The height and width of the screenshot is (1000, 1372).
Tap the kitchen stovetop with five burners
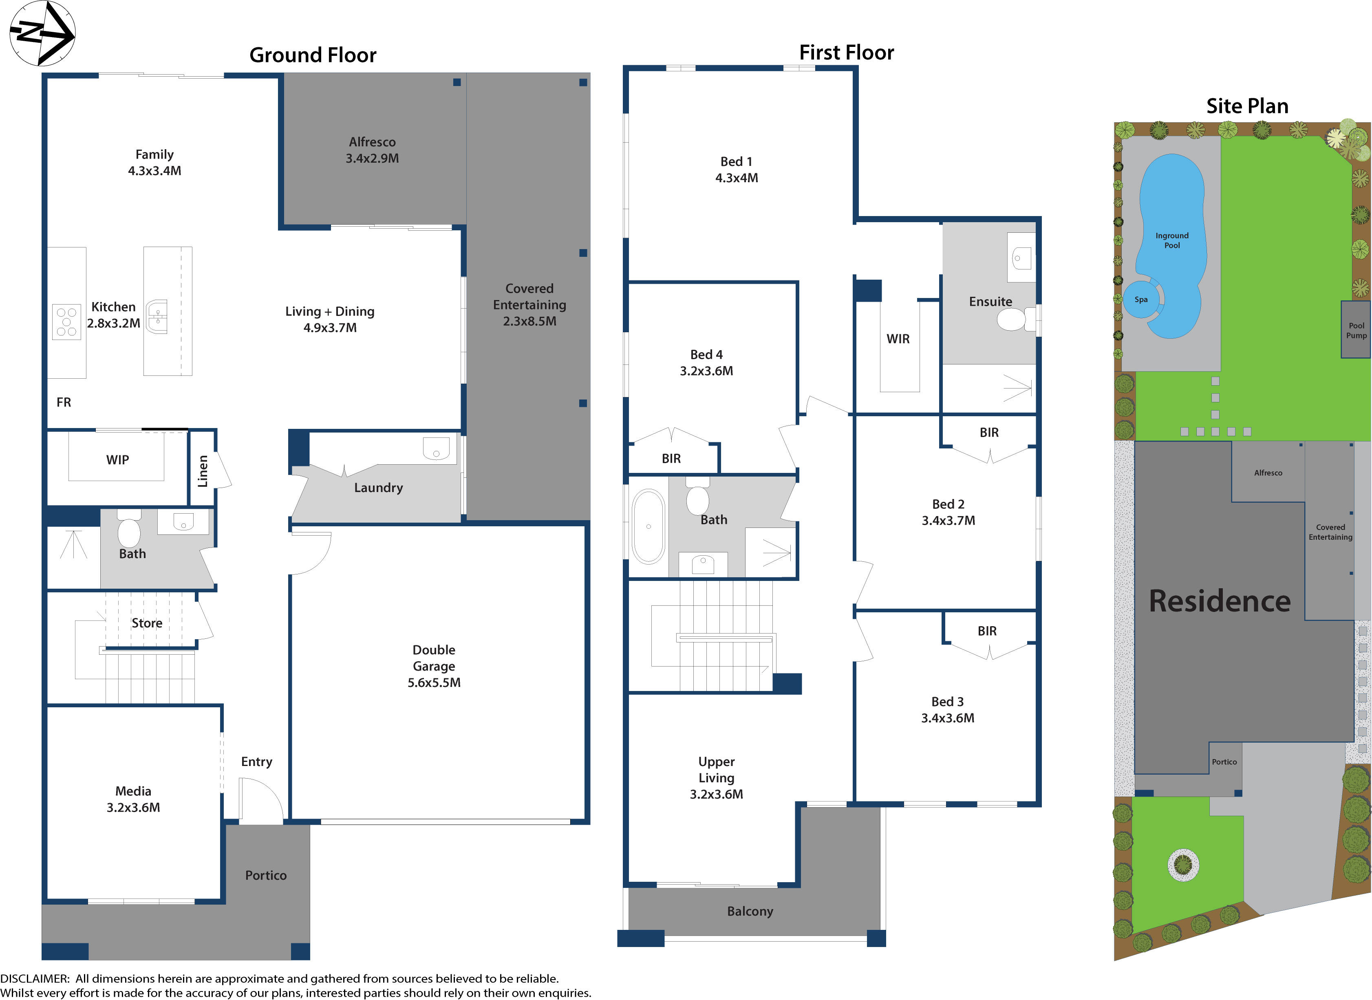(x=66, y=322)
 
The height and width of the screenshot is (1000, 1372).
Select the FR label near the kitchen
(x=64, y=402)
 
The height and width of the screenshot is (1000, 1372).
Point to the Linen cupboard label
(x=203, y=471)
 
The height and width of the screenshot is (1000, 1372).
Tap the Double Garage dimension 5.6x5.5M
(x=434, y=682)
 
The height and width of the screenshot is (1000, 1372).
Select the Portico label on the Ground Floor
(x=266, y=875)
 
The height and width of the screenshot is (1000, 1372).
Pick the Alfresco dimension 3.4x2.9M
(x=372, y=159)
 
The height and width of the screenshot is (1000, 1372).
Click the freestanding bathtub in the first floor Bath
(x=648, y=526)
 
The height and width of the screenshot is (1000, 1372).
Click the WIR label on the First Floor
(x=898, y=339)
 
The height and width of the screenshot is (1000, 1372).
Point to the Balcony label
(x=750, y=911)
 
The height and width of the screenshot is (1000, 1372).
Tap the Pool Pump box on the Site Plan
(x=1356, y=330)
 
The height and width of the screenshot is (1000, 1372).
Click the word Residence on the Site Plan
(x=1220, y=601)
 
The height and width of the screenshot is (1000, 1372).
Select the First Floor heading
(x=846, y=53)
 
